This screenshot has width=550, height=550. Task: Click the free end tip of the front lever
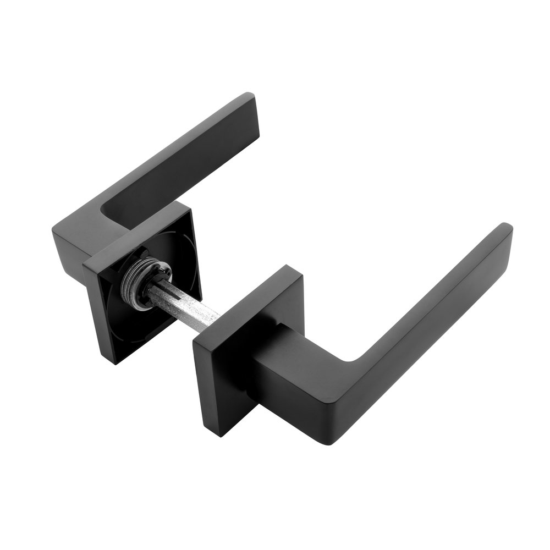click(x=503, y=231)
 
